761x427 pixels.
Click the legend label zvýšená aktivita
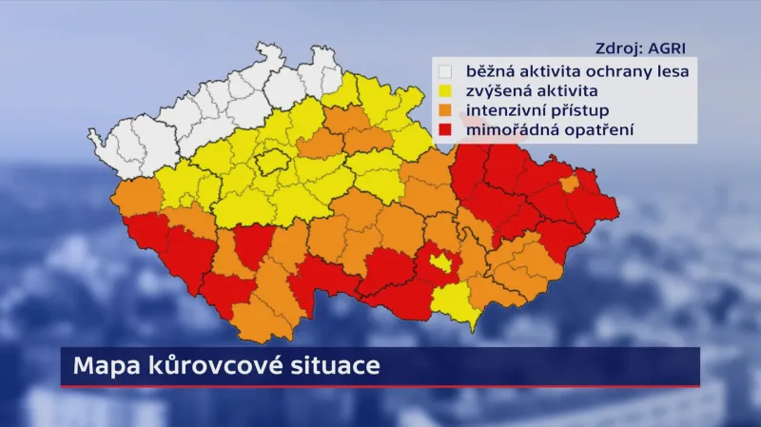pyautogui.click(x=531, y=91)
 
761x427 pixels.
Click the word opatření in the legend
pyautogui.click(x=597, y=130)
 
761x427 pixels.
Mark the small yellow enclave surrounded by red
pyautogui.click(x=439, y=262)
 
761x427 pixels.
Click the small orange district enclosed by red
pyautogui.click(x=570, y=183)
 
